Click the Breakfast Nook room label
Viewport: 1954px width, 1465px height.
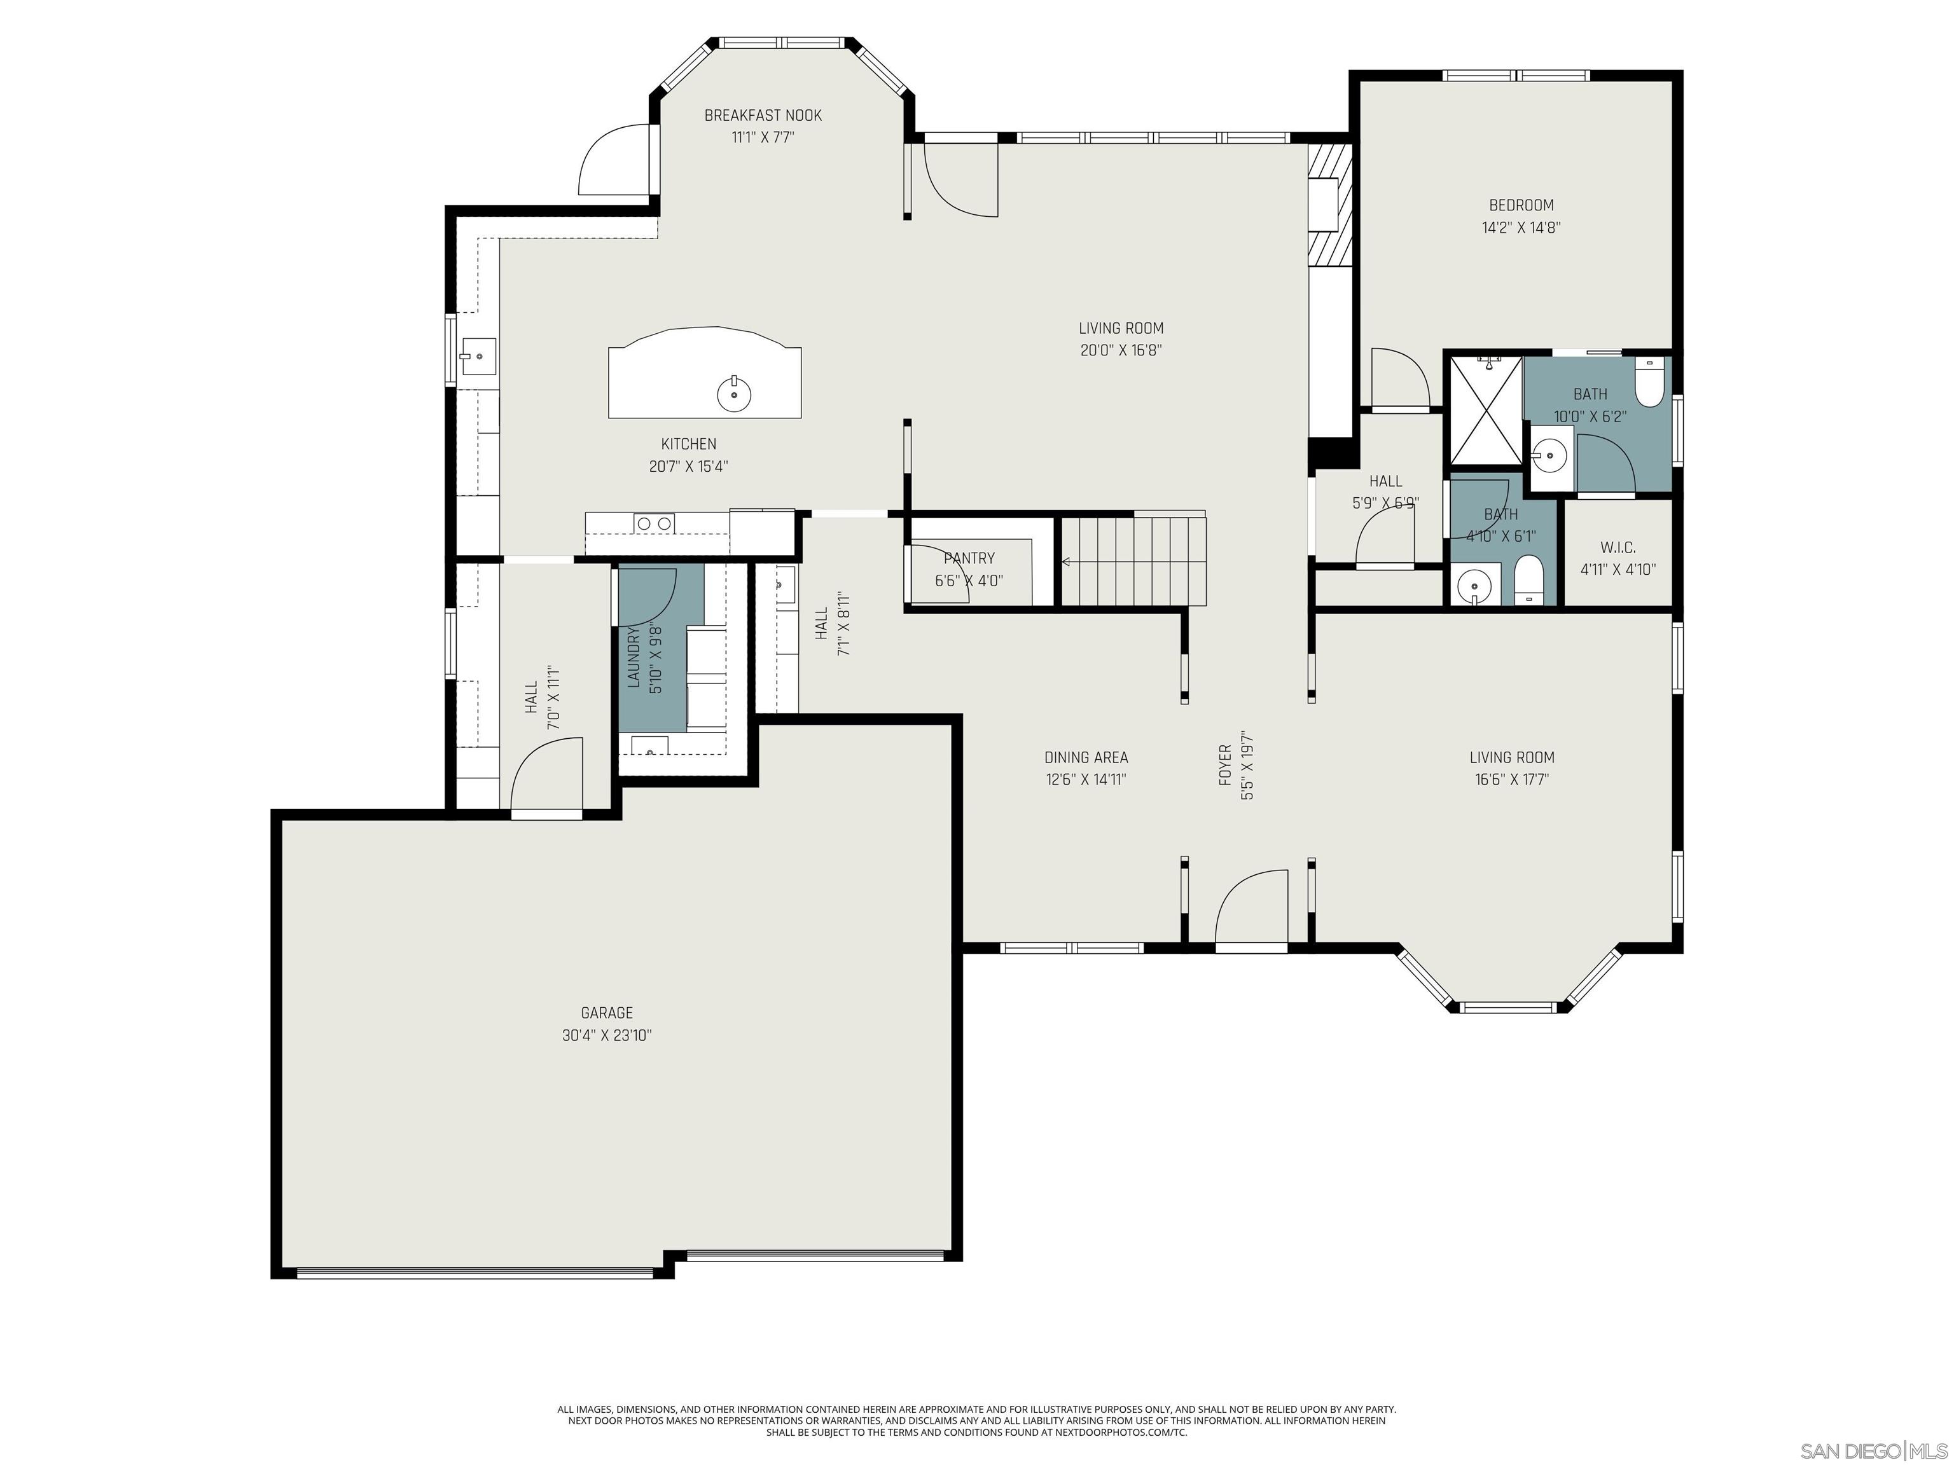click(763, 115)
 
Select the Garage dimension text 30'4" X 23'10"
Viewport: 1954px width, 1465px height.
click(607, 1035)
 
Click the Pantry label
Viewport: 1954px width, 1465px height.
click(969, 558)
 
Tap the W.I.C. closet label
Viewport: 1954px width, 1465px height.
click(1618, 547)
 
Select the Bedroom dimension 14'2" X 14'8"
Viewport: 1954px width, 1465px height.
click(1521, 227)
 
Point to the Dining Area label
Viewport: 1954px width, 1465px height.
click(1086, 757)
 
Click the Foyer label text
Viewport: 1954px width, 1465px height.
click(1225, 765)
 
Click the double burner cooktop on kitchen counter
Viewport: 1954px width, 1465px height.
click(655, 524)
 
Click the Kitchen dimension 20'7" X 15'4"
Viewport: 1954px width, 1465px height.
click(688, 466)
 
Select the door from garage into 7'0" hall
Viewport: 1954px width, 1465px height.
click(546, 777)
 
